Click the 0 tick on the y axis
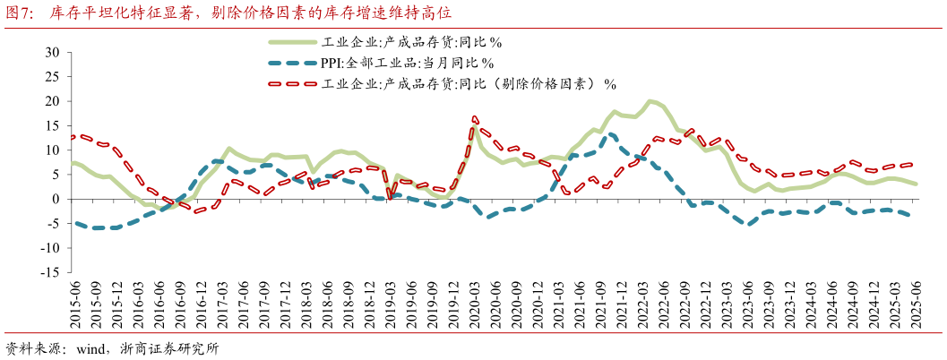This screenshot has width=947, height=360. pyautogui.click(x=55, y=199)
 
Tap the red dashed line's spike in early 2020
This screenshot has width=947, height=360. pyautogui.click(x=474, y=117)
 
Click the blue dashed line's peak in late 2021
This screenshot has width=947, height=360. pyautogui.click(x=611, y=134)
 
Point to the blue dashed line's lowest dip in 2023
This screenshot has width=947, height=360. pyautogui.click(x=748, y=224)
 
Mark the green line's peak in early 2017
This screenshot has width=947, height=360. pyautogui.click(x=229, y=148)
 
